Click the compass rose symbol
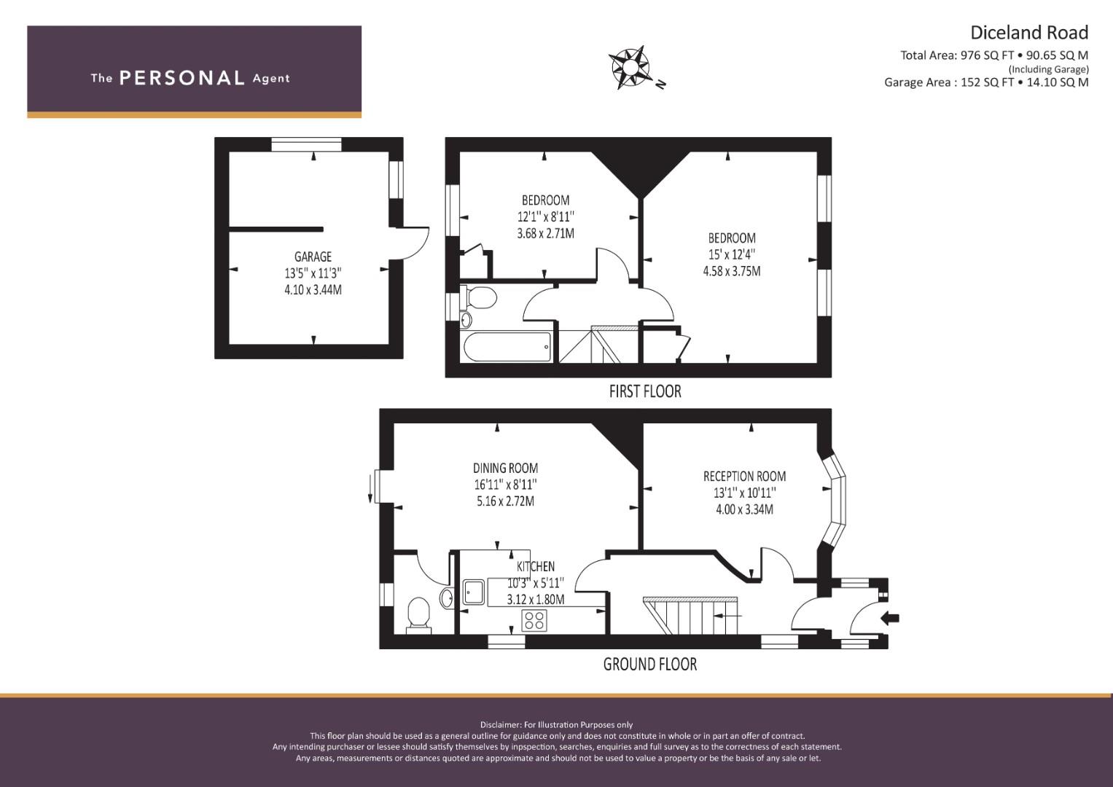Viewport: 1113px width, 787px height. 630,67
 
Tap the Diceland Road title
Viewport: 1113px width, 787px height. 1028,32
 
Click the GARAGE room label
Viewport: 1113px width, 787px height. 313,257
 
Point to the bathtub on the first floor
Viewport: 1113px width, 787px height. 507,347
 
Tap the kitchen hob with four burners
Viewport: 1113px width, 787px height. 534,620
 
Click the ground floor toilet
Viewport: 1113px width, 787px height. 418,612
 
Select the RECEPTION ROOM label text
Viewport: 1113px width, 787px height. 744,477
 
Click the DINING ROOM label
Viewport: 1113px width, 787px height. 505,469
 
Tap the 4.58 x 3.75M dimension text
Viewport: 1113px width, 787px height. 731,271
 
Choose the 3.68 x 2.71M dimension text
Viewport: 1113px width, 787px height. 545,234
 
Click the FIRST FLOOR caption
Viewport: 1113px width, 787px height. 645,391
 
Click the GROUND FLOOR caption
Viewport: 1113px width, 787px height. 649,664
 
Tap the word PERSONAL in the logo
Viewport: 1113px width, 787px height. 181,78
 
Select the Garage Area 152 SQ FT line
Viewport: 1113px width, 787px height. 986,82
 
